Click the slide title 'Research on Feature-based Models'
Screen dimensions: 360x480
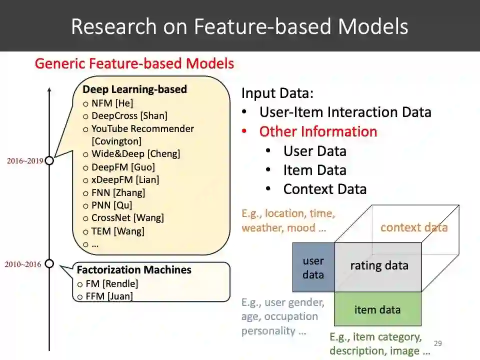[239, 26]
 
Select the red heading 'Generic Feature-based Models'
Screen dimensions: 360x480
[134, 64]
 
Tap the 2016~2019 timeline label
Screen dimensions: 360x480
[24, 161]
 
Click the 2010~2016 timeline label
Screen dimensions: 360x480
[23, 264]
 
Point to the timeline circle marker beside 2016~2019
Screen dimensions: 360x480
[49, 161]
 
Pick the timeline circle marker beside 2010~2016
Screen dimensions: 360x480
[49, 263]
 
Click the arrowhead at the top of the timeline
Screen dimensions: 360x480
[49, 90]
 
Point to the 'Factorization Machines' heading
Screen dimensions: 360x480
[134, 270]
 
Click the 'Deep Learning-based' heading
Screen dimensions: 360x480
[134, 89]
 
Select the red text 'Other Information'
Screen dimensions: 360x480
[318, 131]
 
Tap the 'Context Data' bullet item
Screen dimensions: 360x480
[324, 189]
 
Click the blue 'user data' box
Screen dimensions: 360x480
[313, 267]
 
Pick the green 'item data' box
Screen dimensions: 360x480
[377, 309]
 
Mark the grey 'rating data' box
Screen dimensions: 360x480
[378, 265]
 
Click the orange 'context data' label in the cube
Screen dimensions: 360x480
[414, 227]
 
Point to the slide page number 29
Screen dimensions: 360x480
[438, 343]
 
